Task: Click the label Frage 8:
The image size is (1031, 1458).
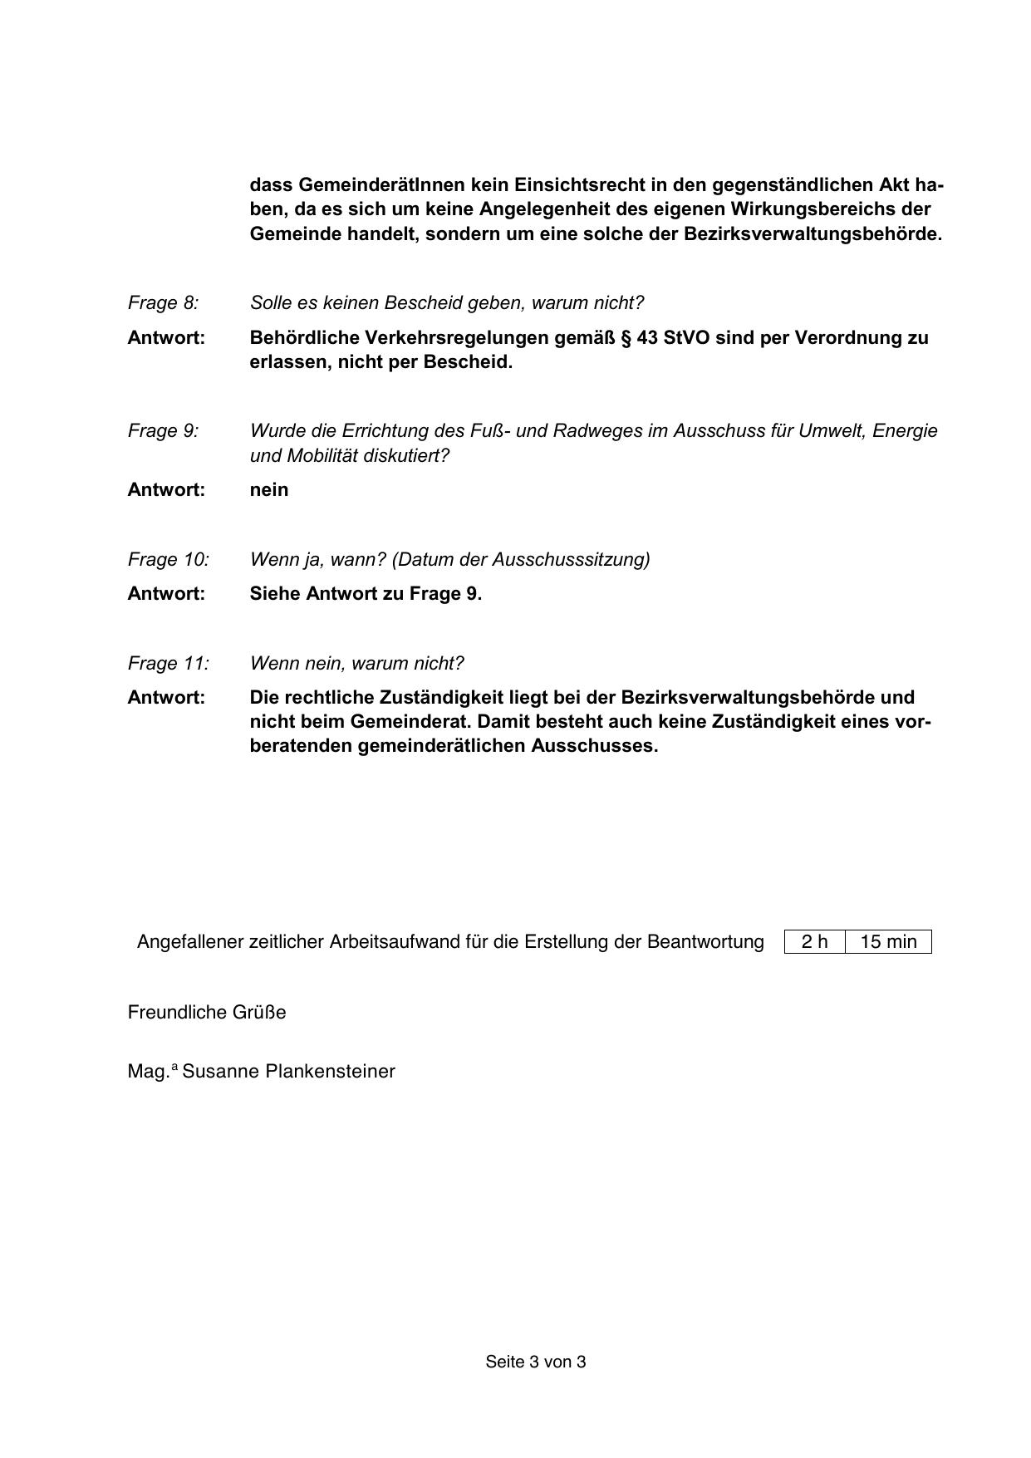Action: [163, 303]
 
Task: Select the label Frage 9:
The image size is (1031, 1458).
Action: [163, 431]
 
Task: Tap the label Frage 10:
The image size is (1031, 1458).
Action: [168, 560]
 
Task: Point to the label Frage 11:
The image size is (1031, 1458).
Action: [168, 664]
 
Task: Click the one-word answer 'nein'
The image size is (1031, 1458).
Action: [269, 490]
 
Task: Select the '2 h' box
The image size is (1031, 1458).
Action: [814, 942]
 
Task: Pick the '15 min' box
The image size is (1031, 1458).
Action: [888, 942]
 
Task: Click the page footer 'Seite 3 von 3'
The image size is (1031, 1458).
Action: [536, 1362]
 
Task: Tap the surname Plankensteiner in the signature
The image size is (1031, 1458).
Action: [330, 1072]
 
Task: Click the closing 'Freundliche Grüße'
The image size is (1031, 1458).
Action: [207, 1013]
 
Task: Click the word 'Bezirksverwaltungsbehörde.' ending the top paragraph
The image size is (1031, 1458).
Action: [813, 234]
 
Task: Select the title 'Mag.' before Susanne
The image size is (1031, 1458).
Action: [148, 1072]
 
